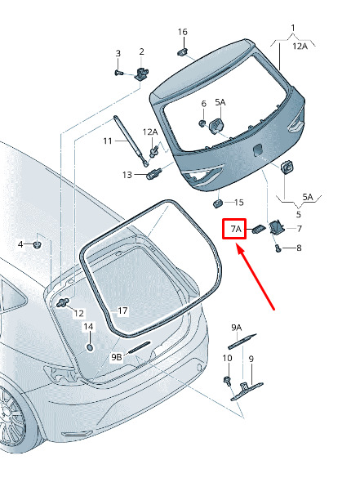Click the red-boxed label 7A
pyautogui.click(x=236, y=229)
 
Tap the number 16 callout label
pyautogui.click(x=182, y=32)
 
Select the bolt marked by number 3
pyautogui.click(x=119, y=73)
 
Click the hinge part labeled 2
pyautogui.click(x=142, y=74)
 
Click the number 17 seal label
pyautogui.click(x=122, y=311)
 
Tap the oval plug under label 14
pyautogui.click(x=90, y=347)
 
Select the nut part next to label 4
pyautogui.click(x=38, y=244)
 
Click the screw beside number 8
pyautogui.click(x=278, y=248)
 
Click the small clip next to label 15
pyautogui.click(x=217, y=203)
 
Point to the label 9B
pyautogui.click(x=117, y=357)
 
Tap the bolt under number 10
pyautogui.click(x=227, y=380)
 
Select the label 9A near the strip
pyautogui.click(x=237, y=328)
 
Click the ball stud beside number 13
pyautogui.click(x=154, y=174)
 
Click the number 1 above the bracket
pyautogui.click(x=293, y=28)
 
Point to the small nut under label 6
pyautogui.click(x=202, y=123)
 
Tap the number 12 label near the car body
pyautogui.click(x=78, y=314)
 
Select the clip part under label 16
pyautogui.click(x=182, y=51)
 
